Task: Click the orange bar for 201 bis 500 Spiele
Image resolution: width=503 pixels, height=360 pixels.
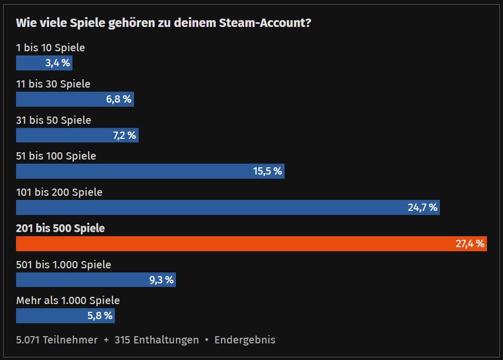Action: (233, 243)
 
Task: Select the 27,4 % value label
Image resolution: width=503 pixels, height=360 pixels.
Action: (470, 243)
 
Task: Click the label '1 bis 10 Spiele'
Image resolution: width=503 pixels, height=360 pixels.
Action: (50, 48)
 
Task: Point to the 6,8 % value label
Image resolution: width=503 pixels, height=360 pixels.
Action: (119, 99)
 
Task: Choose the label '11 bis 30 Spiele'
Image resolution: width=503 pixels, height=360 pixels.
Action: (53, 84)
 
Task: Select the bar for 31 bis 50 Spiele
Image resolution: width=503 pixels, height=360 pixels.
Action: (62, 135)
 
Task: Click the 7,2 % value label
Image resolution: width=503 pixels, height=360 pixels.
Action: (124, 135)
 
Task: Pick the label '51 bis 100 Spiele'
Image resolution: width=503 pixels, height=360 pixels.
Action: (56, 156)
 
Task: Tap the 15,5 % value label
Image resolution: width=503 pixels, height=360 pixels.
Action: (268, 171)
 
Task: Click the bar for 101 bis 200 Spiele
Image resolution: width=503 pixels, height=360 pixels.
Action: (207, 208)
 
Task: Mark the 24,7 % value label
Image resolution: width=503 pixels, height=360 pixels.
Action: (423, 208)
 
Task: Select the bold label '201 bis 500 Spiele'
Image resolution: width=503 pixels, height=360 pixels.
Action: (61, 228)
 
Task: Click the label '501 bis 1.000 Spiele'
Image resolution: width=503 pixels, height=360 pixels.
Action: (64, 265)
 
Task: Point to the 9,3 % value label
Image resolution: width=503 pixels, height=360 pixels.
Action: (161, 280)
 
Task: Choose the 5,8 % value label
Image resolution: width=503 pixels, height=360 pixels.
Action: (100, 316)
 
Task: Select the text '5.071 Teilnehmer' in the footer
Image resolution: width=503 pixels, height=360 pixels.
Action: (57, 340)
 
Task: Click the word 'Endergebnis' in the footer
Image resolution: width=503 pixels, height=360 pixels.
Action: (245, 340)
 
